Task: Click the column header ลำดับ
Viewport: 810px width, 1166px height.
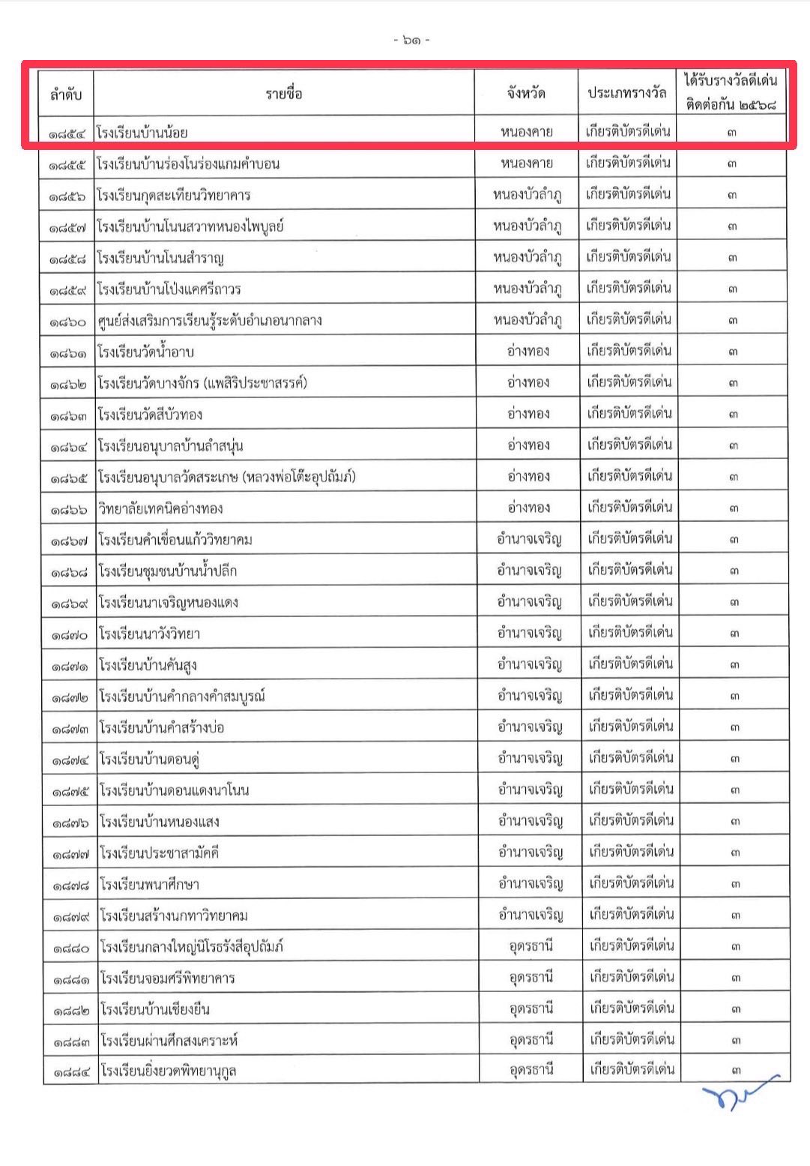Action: pos(66,94)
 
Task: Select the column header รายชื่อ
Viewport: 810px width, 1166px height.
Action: pos(283,94)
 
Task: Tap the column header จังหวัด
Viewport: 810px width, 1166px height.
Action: pos(525,94)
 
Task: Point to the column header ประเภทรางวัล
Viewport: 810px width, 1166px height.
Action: pos(626,94)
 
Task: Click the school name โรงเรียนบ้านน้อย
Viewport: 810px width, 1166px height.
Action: pos(142,133)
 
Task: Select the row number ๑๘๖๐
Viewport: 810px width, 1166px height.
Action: pos(69,321)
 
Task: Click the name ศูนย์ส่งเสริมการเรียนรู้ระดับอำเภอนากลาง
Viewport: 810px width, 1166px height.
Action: pos(209,320)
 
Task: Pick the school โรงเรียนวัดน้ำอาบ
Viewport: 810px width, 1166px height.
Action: pos(146,352)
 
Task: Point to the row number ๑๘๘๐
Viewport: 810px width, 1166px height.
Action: pos(71,948)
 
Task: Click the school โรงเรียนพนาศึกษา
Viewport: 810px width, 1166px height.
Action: pos(149,884)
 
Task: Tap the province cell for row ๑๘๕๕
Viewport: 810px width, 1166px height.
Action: pos(527,163)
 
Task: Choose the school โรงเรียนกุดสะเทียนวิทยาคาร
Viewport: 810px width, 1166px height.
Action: pos(173,195)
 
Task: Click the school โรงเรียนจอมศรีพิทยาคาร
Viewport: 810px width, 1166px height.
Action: pos(167,978)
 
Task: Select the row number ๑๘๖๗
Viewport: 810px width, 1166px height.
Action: pos(70,540)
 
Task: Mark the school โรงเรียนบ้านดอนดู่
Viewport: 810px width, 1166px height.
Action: pos(149,759)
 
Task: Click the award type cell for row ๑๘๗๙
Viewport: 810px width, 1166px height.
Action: pos(631,915)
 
